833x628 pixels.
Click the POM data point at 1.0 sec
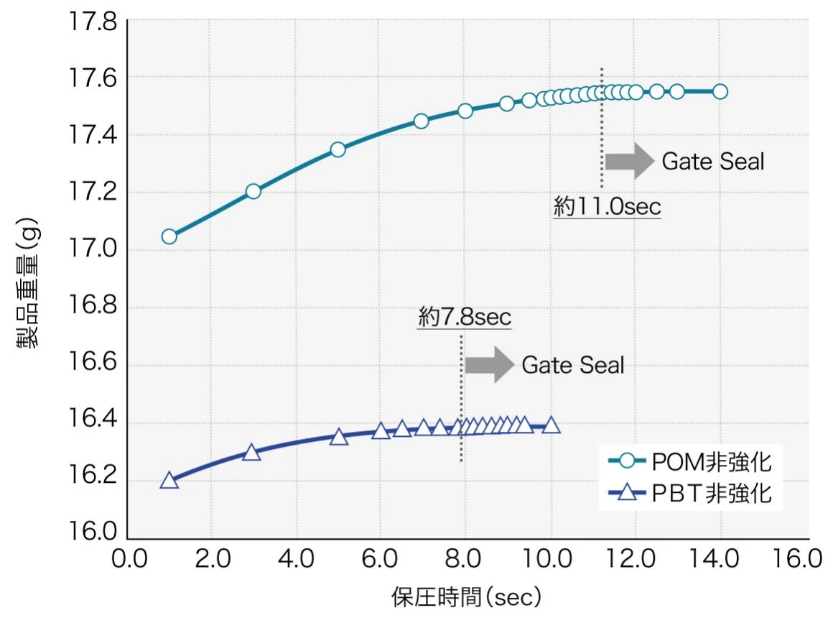[169, 236]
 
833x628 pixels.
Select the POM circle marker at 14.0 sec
[720, 91]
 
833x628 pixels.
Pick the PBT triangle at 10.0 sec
[551, 425]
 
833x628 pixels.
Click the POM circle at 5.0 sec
[338, 149]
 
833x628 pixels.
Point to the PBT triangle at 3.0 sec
[251, 452]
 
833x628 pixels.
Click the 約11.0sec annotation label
[607, 208]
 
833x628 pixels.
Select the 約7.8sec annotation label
[465, 318]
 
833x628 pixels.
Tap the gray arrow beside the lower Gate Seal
[489, 365]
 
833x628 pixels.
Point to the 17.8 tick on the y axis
[93, 21]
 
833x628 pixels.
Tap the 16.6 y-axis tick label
[93, 365]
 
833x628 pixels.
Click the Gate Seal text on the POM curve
[712, 162]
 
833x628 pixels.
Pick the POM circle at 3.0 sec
[253, 191]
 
